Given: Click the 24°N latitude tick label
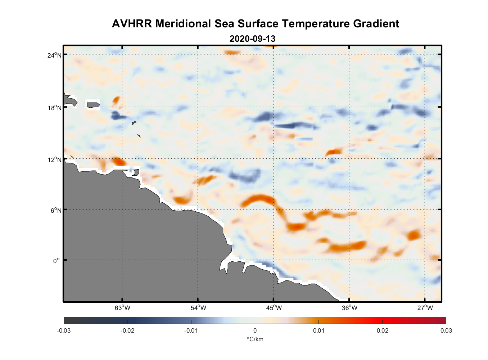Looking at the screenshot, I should coord(54,55).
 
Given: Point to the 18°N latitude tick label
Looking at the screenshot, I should coord(54,108).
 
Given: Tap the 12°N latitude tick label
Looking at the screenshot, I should coord(54,159).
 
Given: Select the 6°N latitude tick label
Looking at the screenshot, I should coord(56,210).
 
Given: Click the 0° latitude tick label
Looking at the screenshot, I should coord(57,261).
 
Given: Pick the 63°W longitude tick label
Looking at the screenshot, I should coord(122,308).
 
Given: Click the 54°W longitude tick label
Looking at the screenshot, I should coord(198,308).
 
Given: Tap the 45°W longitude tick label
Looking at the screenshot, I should coord(274,308).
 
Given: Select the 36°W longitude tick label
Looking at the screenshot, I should coord(349,308).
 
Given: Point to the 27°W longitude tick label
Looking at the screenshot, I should coord(425,308).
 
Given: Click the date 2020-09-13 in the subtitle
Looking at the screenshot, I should coord(252,39).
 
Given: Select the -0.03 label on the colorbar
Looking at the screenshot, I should coord(64,330).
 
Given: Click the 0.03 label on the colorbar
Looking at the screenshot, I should coord(446,330).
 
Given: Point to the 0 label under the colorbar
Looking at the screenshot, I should coord(255,330).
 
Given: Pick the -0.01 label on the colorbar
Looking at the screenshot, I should coord(191,330).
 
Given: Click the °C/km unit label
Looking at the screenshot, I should coord(255,339).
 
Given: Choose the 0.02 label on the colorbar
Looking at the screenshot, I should coord(382,330).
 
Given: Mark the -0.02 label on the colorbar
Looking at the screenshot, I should coord(127,330).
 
